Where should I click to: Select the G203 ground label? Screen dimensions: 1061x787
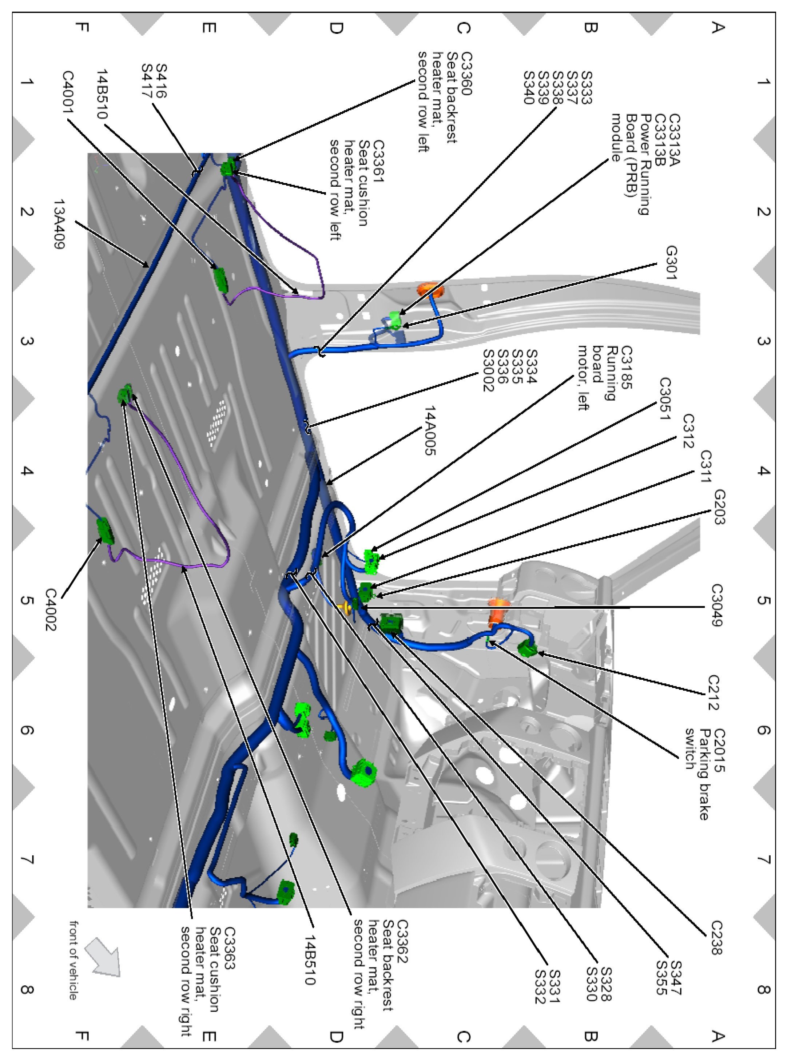(719, 507)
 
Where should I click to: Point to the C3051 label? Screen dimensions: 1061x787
(665, 399)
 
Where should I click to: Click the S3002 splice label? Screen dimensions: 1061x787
(488, 371)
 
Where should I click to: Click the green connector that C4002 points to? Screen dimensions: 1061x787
(105, 531)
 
